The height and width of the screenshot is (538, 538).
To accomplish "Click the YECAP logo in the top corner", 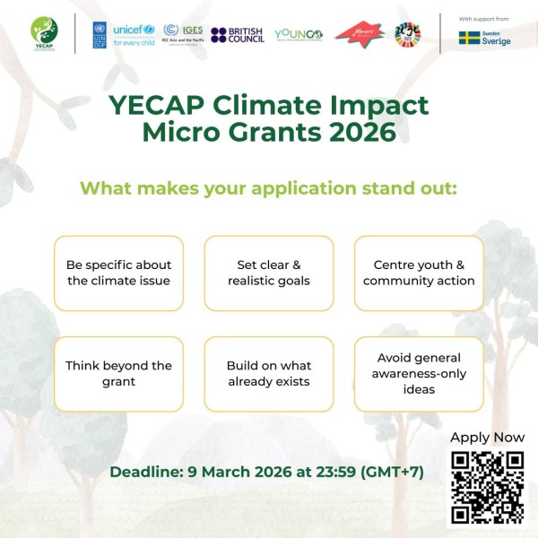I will click(x=44, y=33).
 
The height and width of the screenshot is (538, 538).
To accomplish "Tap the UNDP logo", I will click(x=99, y=34).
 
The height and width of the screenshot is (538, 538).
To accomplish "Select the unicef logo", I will click(x=134, y=34).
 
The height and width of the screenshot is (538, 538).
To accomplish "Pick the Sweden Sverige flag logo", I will click(x=484, y=39).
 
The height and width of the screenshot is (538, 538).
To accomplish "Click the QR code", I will click(x=487, y=487).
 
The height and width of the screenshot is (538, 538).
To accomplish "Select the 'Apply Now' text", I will click(x=487, y=438).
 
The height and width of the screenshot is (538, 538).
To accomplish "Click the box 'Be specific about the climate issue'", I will click(x=118, y=273).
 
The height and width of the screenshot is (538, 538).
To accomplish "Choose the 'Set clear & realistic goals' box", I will click(x=269, y=273).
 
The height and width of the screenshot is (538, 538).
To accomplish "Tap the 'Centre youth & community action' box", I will click(x=419, y=273).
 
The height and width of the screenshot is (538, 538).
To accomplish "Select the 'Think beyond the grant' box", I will click(x=118, y=374).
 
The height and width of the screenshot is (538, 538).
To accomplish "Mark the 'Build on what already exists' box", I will click(x=269, y=374).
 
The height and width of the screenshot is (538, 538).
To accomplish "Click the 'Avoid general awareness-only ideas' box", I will click(x=419, y=374).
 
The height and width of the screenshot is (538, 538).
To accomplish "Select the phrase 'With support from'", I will click(x=485, y=18).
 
